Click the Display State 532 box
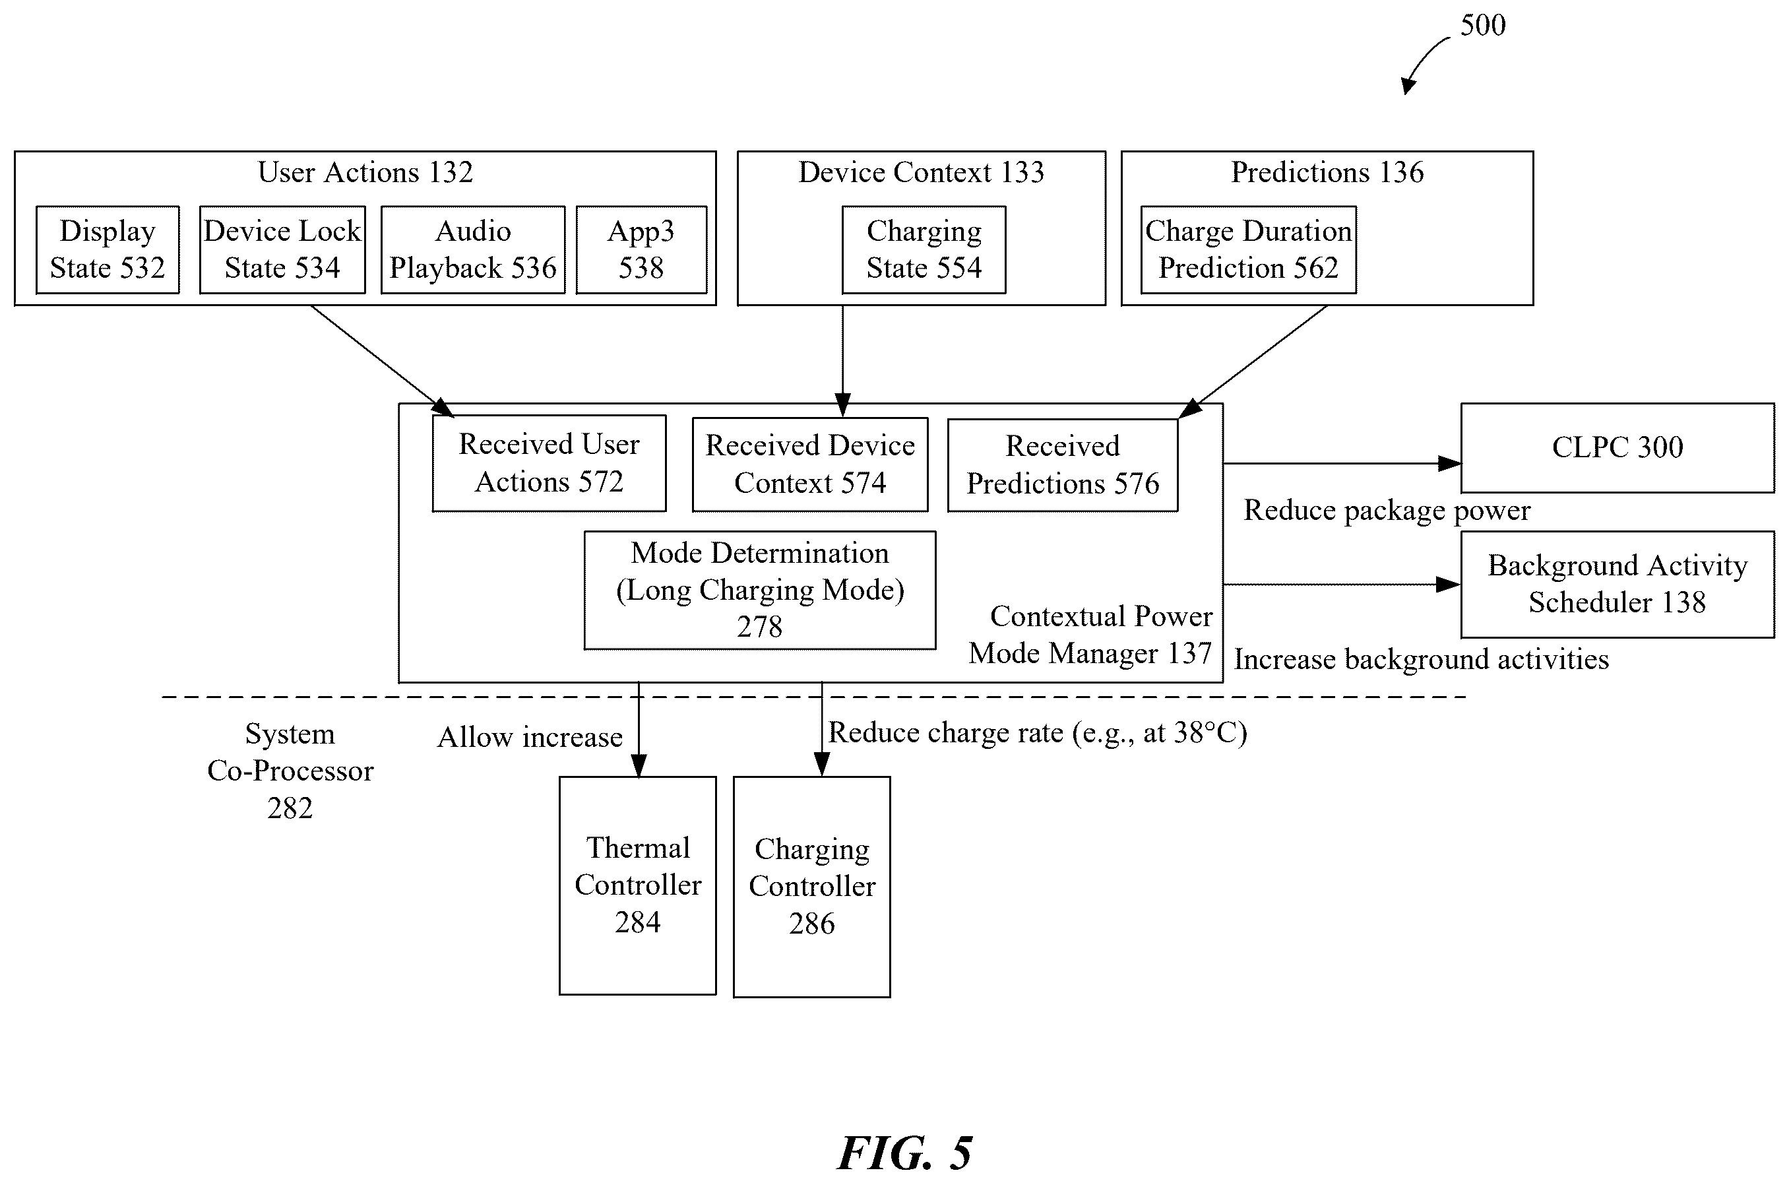(108, 249)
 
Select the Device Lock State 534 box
(282, 249)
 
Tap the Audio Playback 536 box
(473, 249)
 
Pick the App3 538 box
(641, 249)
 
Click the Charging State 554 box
(924, 249)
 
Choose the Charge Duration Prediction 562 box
(1248, 249)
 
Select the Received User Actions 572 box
(549, 463)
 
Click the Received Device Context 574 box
(810, 464)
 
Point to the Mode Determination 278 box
(759, 590)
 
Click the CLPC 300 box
(1617, 448)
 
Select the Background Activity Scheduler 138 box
(1617, 585)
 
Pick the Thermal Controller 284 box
(638, 885)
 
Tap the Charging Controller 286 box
(812, 887)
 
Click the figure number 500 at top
(1483, 26)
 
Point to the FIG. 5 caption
(904, 1153)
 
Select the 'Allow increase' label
(530, 737)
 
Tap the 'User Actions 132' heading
(366, 172)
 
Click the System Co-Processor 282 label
(290, 771)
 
